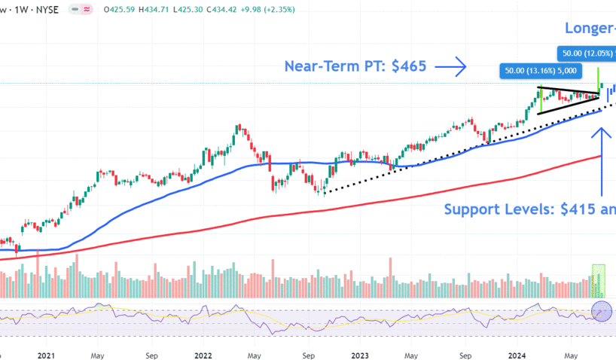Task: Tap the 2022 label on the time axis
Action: tap(203, 354)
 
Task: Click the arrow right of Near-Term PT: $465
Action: tap(451, 66)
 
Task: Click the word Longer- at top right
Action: tap(590, 29)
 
